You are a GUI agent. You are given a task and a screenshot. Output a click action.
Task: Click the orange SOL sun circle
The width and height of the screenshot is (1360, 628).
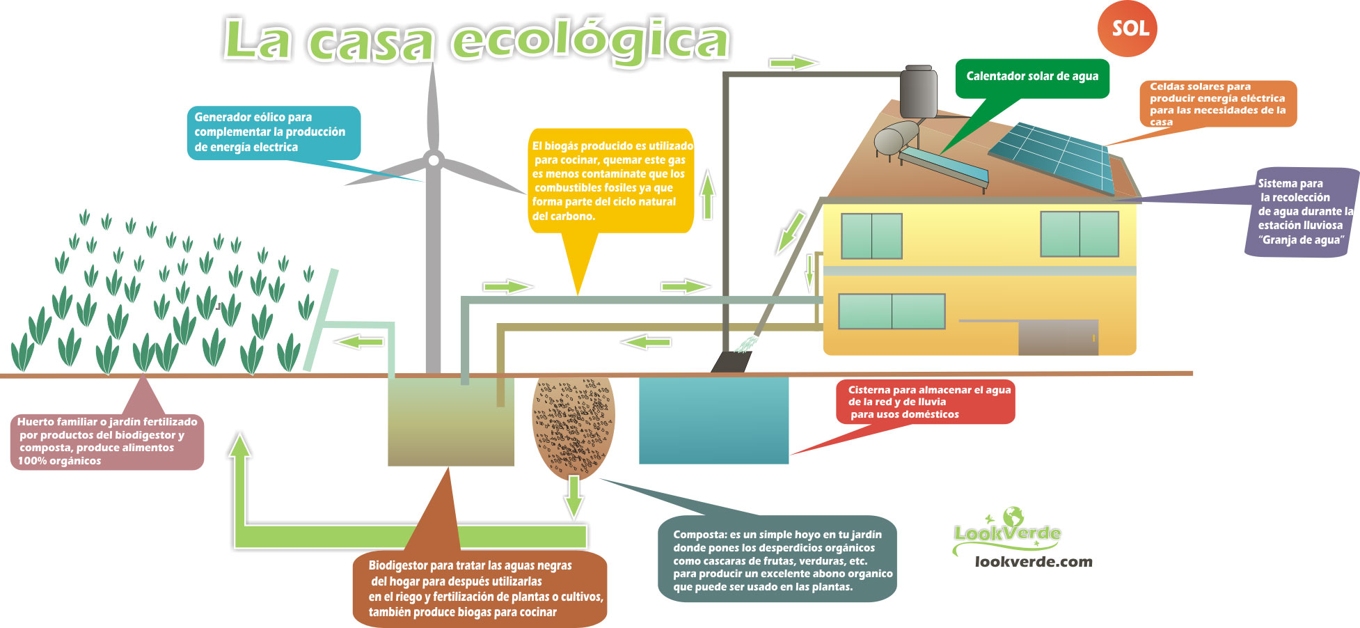pyautogui.click(x=1127, y=29)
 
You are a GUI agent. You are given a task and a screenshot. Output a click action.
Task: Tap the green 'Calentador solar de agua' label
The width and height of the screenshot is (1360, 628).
pyautogui.click(x=1032, y=77)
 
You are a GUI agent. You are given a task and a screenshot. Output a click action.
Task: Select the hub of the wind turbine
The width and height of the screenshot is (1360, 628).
pyautogui.click(x=433, y=160)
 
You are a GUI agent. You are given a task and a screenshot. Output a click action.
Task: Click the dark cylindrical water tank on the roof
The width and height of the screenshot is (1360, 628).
pyautogui.click(x=919, y=92)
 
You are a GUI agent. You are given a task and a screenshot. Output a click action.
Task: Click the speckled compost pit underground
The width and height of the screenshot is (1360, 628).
pyautogui.click(x=573, y=426)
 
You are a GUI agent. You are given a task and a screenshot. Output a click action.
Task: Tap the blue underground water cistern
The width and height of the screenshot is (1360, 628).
pyautogui.click(x=713, y=421)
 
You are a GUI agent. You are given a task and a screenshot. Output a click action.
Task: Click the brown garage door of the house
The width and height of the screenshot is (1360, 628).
pyautogui.click(x=1058, y=338)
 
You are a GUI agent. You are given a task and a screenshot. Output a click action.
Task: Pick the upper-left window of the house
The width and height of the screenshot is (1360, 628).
pyautogui.click(x=871, y=236)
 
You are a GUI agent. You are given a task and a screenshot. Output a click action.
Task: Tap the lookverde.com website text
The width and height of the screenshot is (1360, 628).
pyautogui.click(x=1034, y=562)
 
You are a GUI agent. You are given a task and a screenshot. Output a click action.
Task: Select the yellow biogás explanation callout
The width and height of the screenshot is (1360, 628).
pyautogui.click(x=611, y=180)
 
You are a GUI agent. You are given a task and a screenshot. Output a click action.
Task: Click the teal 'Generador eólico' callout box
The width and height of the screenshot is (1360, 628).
pyautogui.click(x=274, y=132)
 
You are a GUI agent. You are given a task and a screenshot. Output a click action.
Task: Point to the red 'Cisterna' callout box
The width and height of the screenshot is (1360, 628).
pyautogui.click(x=926, y=402)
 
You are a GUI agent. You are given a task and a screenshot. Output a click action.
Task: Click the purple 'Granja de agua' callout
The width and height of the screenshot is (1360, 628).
pyautogui.click(x=1300, y=212)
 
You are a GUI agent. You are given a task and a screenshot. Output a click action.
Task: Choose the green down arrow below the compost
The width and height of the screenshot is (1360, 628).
pyautogui.click(x=574, y=496)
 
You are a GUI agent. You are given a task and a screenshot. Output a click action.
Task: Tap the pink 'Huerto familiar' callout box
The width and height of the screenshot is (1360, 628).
pyautogui.click(x=107, y=441)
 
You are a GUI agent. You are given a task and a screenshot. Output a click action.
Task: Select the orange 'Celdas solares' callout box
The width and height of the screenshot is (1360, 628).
pyautogui.click(x=1218, y=104)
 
